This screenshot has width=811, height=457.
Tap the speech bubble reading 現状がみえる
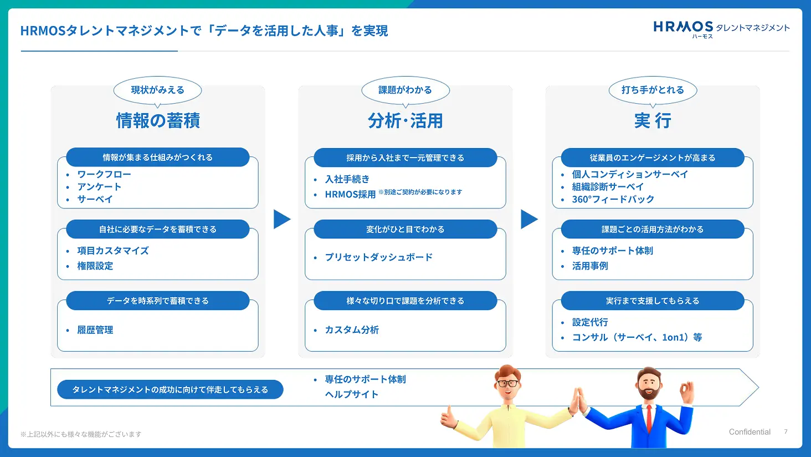tap(157, 90)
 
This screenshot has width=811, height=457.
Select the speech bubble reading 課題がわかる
tap(405, 90)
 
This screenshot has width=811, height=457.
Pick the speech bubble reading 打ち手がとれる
tap(653, 90)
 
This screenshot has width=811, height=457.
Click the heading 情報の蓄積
tap(158, 120)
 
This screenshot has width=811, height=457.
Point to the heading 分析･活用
tap(405, 120)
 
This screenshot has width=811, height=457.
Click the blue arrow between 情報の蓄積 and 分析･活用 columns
tap(281, 219)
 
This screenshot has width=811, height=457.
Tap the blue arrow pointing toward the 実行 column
tap(529, 219)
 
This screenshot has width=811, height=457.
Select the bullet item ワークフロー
tap(104, 174)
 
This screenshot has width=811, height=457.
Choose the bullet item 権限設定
tap(95, 266)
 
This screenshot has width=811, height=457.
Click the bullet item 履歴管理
tap(95, 330)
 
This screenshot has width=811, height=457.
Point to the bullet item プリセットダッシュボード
tap(379, 257)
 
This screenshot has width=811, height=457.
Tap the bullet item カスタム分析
tap(352, 330)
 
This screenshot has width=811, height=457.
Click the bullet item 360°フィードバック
tap(613, 199)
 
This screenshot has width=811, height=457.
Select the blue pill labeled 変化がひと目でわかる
tap(405, 229)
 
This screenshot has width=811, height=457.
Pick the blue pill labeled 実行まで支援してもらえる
tap(653, 301)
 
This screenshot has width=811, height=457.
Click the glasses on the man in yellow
tap(507, 383)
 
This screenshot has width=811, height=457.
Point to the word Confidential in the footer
tap(750, 432)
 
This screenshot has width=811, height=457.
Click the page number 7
tap(786, 431)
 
